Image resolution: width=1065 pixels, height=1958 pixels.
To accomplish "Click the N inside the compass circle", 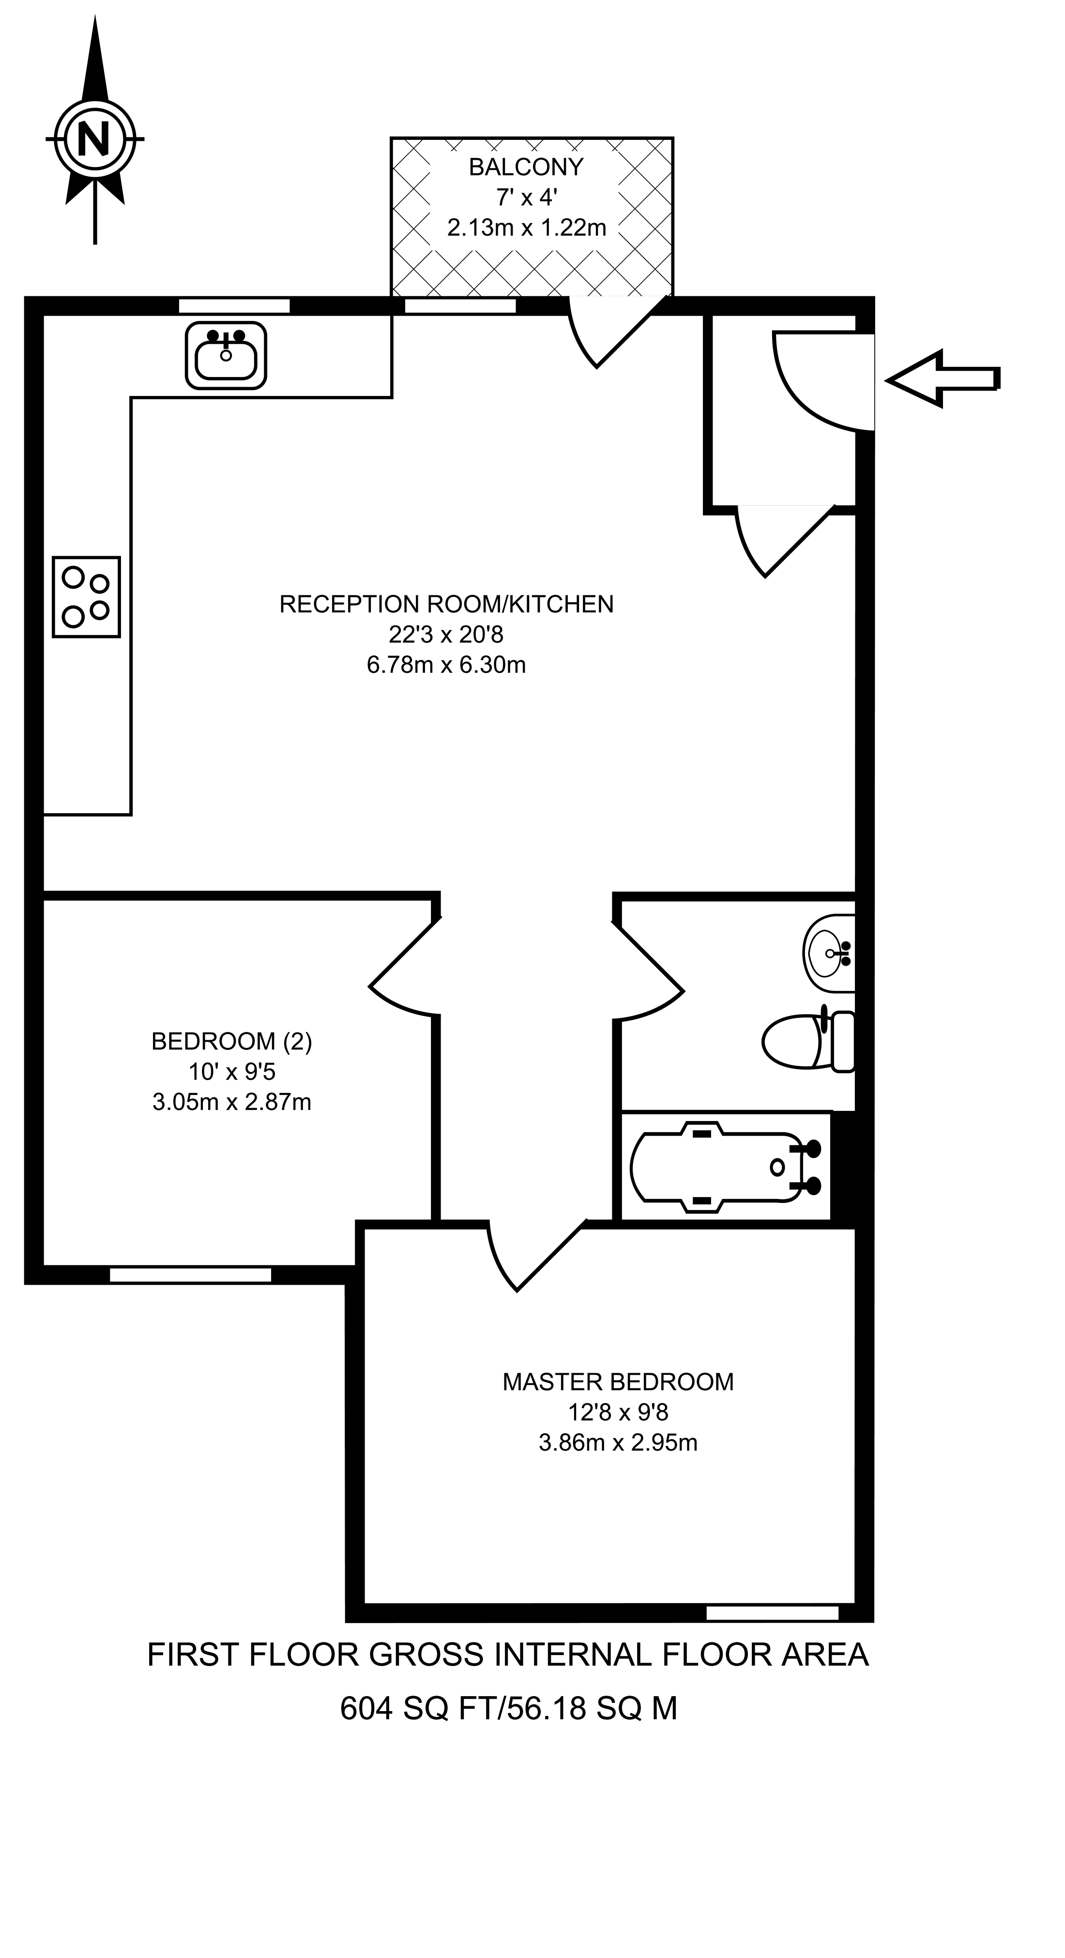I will [x=94, y=139].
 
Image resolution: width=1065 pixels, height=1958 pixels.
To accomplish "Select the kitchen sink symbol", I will [x=226, y=355].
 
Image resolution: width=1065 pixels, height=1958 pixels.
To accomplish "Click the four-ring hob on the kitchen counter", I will [x=86, y=597].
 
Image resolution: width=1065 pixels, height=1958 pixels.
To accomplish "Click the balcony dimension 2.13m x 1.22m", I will [x=526, y=228].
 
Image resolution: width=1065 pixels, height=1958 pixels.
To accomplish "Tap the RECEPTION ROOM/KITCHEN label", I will [x=446, y=604].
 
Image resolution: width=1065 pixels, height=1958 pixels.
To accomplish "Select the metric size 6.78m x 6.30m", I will [x=446, y=665].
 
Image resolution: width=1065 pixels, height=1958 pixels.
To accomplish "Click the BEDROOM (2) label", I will [x=232, y=1041].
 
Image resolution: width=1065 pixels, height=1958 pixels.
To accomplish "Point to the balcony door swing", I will [x=608, y=334].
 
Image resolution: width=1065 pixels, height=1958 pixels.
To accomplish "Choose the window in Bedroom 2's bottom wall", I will [x=190, y=1275].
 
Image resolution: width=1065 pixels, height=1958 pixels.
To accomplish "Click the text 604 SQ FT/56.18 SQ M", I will [x=508, y=1708].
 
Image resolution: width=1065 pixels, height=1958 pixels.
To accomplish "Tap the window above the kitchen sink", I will [x=234, y=306].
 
